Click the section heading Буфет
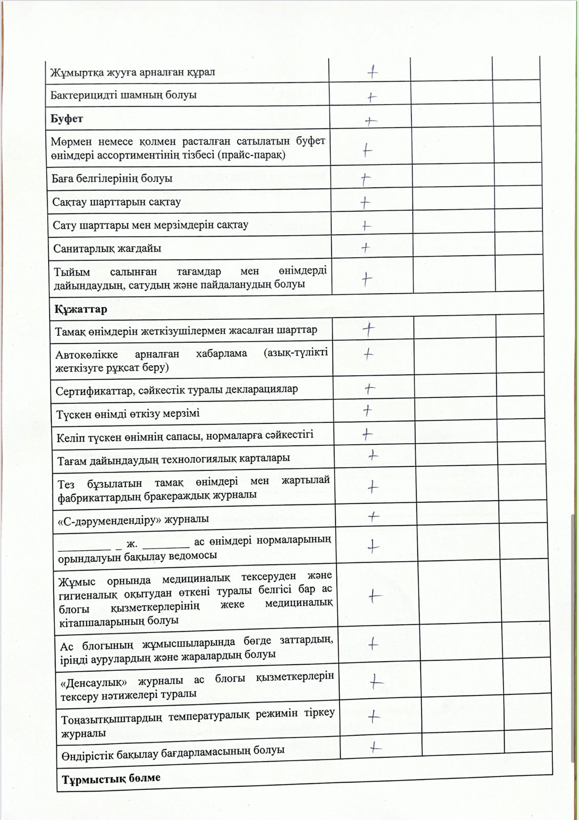(67, 119)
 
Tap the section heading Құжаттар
(80, 309)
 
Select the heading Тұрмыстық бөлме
(111, 779)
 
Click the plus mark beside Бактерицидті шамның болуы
(372, 96)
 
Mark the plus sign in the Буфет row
(370, 121)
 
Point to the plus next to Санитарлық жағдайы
(365, 248)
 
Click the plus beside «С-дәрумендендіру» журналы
(374, 516)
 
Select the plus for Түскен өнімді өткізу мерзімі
(367, 410)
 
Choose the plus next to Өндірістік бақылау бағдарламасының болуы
(376, 748)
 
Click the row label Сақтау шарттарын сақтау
(116, 202)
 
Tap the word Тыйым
(72, 272)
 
